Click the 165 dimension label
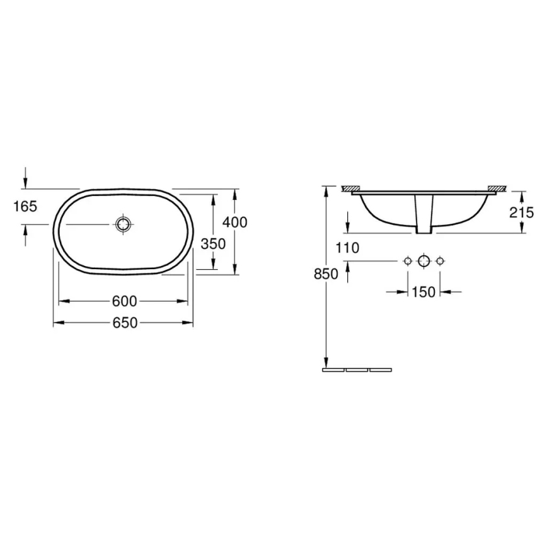point(25,205)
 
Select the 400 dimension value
point(235,222)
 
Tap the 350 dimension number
point(213,243)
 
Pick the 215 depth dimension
point(522,212)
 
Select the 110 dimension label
point(347,248)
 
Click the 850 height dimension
point(326,273)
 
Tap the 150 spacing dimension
point(423,292)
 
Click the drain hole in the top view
point(124,224)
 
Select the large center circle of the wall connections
point(423,260)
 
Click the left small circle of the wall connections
point(407,260)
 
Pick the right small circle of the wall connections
point(440,260)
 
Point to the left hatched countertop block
point(350,188)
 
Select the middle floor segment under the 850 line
point(357,370)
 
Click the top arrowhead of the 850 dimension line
point(326,190)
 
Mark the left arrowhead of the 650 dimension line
point(57,323)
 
